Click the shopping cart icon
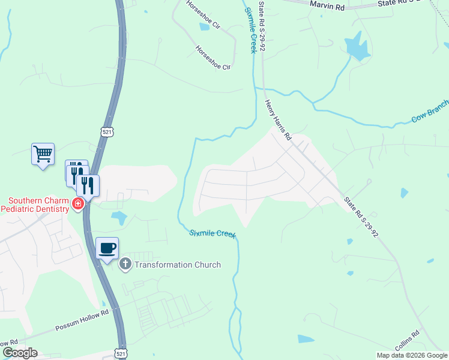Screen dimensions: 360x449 pyautogui.click(x=43, y=154)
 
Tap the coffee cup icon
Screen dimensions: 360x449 pyautogui.click(x=107, y=248)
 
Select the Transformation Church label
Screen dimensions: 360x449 pyautogui.click(x=178, y=265)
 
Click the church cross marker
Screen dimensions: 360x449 pyautogui.click(x=125, y=264)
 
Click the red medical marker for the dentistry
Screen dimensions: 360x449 pyautogui.click(x=77, y=205)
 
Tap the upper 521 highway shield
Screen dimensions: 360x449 pyautogui.click(x=106, y=131)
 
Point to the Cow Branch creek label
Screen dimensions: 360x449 pyautogui.click(x=429, y=112)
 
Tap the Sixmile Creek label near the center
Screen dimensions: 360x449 pyautogui.click(x=212, y=233)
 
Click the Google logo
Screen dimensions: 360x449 pyautogui.click(x=20, y=353)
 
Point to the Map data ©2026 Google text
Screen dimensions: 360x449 pyautogui.click(x=412, y=355)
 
